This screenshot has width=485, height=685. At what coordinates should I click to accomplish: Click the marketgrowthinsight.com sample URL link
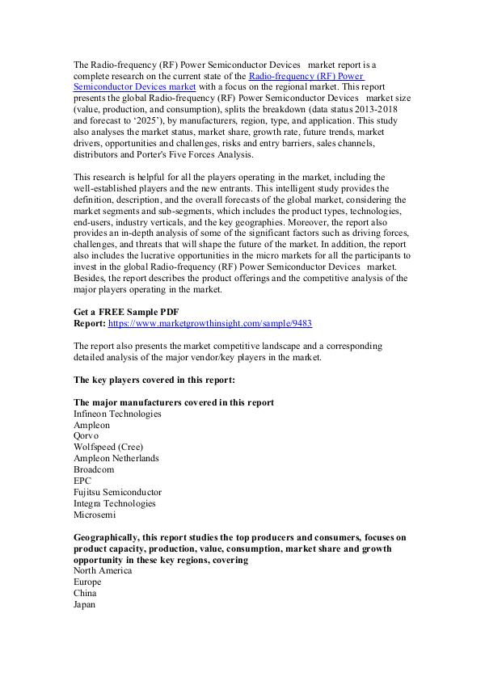[x=210, y=323]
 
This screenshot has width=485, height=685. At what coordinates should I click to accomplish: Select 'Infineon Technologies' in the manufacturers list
[x=117, y=414]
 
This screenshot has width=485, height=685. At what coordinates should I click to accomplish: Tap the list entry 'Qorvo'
[x=86, y=435]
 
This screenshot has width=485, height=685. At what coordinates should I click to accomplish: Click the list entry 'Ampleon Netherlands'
[x=116, y=458]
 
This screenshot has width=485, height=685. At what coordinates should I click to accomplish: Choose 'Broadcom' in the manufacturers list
[x=94, y=469]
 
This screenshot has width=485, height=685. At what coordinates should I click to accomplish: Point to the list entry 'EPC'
[x=82, y=481]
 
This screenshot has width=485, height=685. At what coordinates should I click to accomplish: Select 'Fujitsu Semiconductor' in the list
[x=117, y=492]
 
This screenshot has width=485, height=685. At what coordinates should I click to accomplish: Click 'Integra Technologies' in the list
[x=115, y=503]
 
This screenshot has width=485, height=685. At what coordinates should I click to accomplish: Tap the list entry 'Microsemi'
[x=95, y=515]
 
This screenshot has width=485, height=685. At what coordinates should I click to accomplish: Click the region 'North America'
[x=103, y=570]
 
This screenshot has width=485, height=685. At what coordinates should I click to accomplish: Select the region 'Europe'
[x=89, y=582]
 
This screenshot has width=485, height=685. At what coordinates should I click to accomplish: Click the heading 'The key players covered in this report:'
[x=154, y=379]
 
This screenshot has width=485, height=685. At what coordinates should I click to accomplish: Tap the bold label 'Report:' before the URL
[x=89, y=323]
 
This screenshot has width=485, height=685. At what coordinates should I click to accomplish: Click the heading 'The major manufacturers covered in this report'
[x=173, y=402]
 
